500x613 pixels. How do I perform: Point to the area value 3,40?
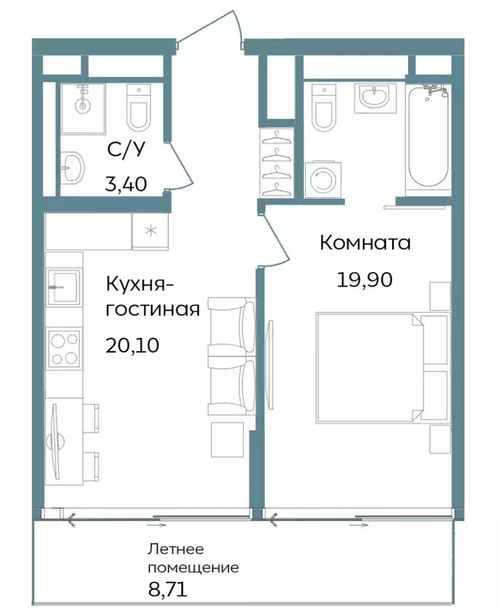click(x=126, y=185)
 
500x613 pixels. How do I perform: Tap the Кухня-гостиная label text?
click(x=152, y=295)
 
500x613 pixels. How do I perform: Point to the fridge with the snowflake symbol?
click(x=149, y=232)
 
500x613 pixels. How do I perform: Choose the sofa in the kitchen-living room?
click(x=232, y=355)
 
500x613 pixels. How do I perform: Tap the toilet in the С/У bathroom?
click(x=138, y=109)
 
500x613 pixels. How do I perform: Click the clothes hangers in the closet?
click(x=276, y=164)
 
